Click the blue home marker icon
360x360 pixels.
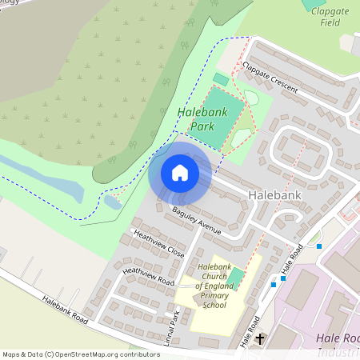click(x=180, y=173)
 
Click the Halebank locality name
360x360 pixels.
click(x=274, y=195)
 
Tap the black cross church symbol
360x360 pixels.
click(x=260, y=339)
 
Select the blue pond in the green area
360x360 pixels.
click(x=112, y=201)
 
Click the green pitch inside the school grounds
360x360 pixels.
click(x=236, y=279)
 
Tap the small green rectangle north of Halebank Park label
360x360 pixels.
click(x=221, y=79)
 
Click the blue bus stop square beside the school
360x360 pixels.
click(x=274, y=284)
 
